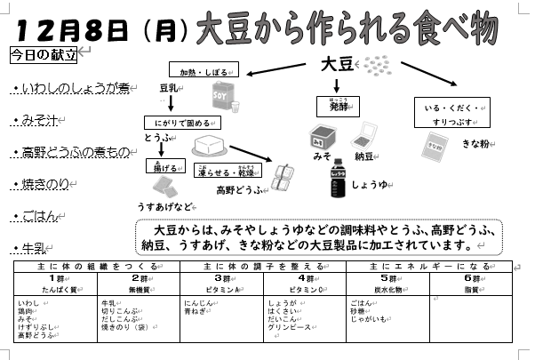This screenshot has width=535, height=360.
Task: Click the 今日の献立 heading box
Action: (40, 55)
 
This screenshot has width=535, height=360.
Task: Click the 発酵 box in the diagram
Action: (338, 106)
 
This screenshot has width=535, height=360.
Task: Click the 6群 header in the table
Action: (472, 277)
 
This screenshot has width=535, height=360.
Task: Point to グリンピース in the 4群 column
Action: (286, 328)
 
